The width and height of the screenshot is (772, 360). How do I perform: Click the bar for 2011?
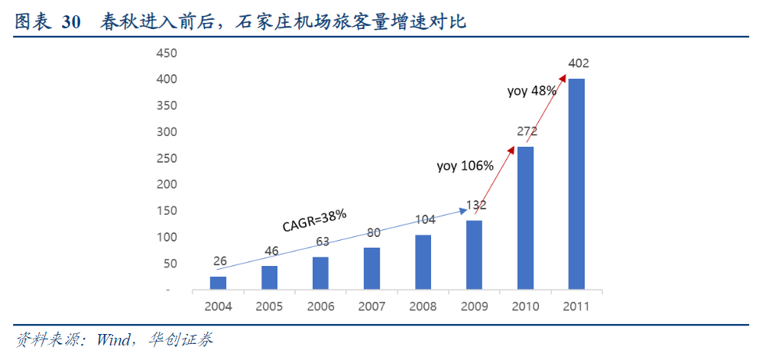[x=576, y=183]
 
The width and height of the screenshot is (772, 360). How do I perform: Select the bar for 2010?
[x=525, y=218]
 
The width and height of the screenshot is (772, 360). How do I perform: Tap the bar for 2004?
[x=218, y=283]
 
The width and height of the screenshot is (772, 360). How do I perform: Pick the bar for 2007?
[x=371, y=268]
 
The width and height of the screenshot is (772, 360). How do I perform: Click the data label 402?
[x=578, y=63]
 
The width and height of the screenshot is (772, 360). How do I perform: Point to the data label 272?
[x=527, y=131]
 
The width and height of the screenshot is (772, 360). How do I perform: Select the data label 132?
[x=475, y=205]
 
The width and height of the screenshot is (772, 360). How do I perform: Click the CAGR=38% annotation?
[x=314, y=220]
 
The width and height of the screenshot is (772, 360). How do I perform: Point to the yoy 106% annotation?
[x=465, y=165]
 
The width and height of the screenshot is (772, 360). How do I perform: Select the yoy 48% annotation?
[x=532, y=90]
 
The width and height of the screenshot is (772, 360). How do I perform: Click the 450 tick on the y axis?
[x=166, y=54]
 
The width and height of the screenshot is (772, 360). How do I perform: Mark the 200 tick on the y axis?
[x=166, y=185]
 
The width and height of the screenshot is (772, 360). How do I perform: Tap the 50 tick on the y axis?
[x=169, y=264]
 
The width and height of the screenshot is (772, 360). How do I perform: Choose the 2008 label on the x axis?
[x=423, y=306]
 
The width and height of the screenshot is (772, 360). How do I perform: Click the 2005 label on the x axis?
[x=269, y=306]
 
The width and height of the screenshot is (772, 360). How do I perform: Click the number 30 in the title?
[x=71, y=23]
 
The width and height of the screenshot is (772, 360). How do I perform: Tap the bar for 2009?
[x=474, y=255]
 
